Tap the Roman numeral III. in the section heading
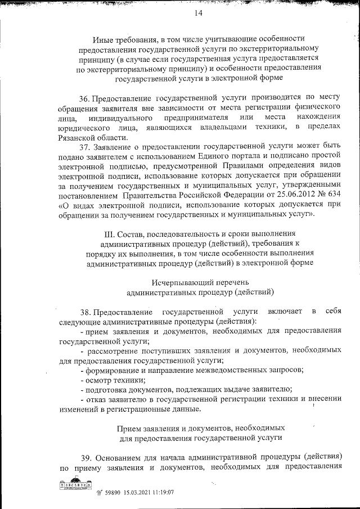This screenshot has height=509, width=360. (105, 232)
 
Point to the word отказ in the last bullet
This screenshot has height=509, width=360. (99, 399)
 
